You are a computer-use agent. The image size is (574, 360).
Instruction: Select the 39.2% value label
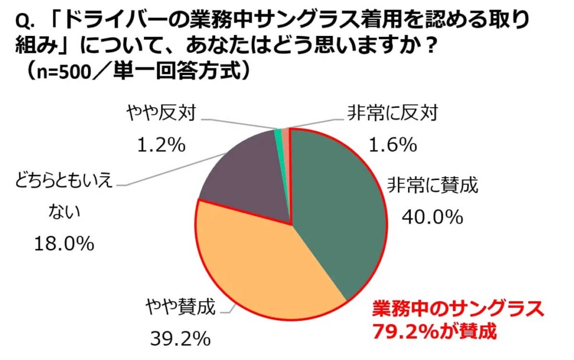[x=180, y=338]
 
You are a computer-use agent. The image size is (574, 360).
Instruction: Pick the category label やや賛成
[x=180, y=307]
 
